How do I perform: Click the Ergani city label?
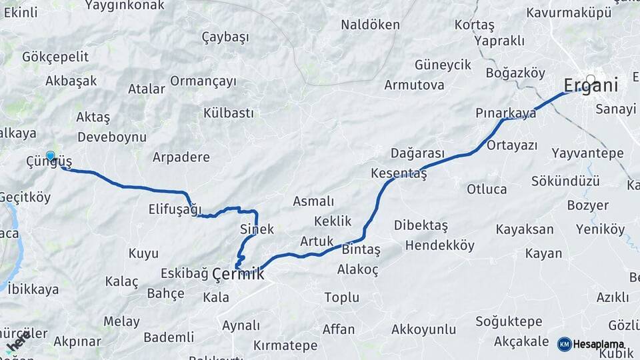591,85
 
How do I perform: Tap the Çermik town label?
238,273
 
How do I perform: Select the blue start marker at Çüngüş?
51,156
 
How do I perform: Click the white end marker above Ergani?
590,78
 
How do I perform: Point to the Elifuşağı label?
175,209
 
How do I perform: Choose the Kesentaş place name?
399,173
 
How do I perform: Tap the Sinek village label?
257,229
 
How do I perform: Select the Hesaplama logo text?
600,344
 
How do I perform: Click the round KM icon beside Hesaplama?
564,344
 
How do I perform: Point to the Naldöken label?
370,25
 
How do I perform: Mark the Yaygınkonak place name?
124,5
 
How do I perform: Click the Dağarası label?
417,153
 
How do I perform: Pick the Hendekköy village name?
440,245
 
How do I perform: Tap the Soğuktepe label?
509,321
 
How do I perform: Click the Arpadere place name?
181,157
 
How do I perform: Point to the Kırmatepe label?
285,345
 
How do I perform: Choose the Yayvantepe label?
587,153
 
